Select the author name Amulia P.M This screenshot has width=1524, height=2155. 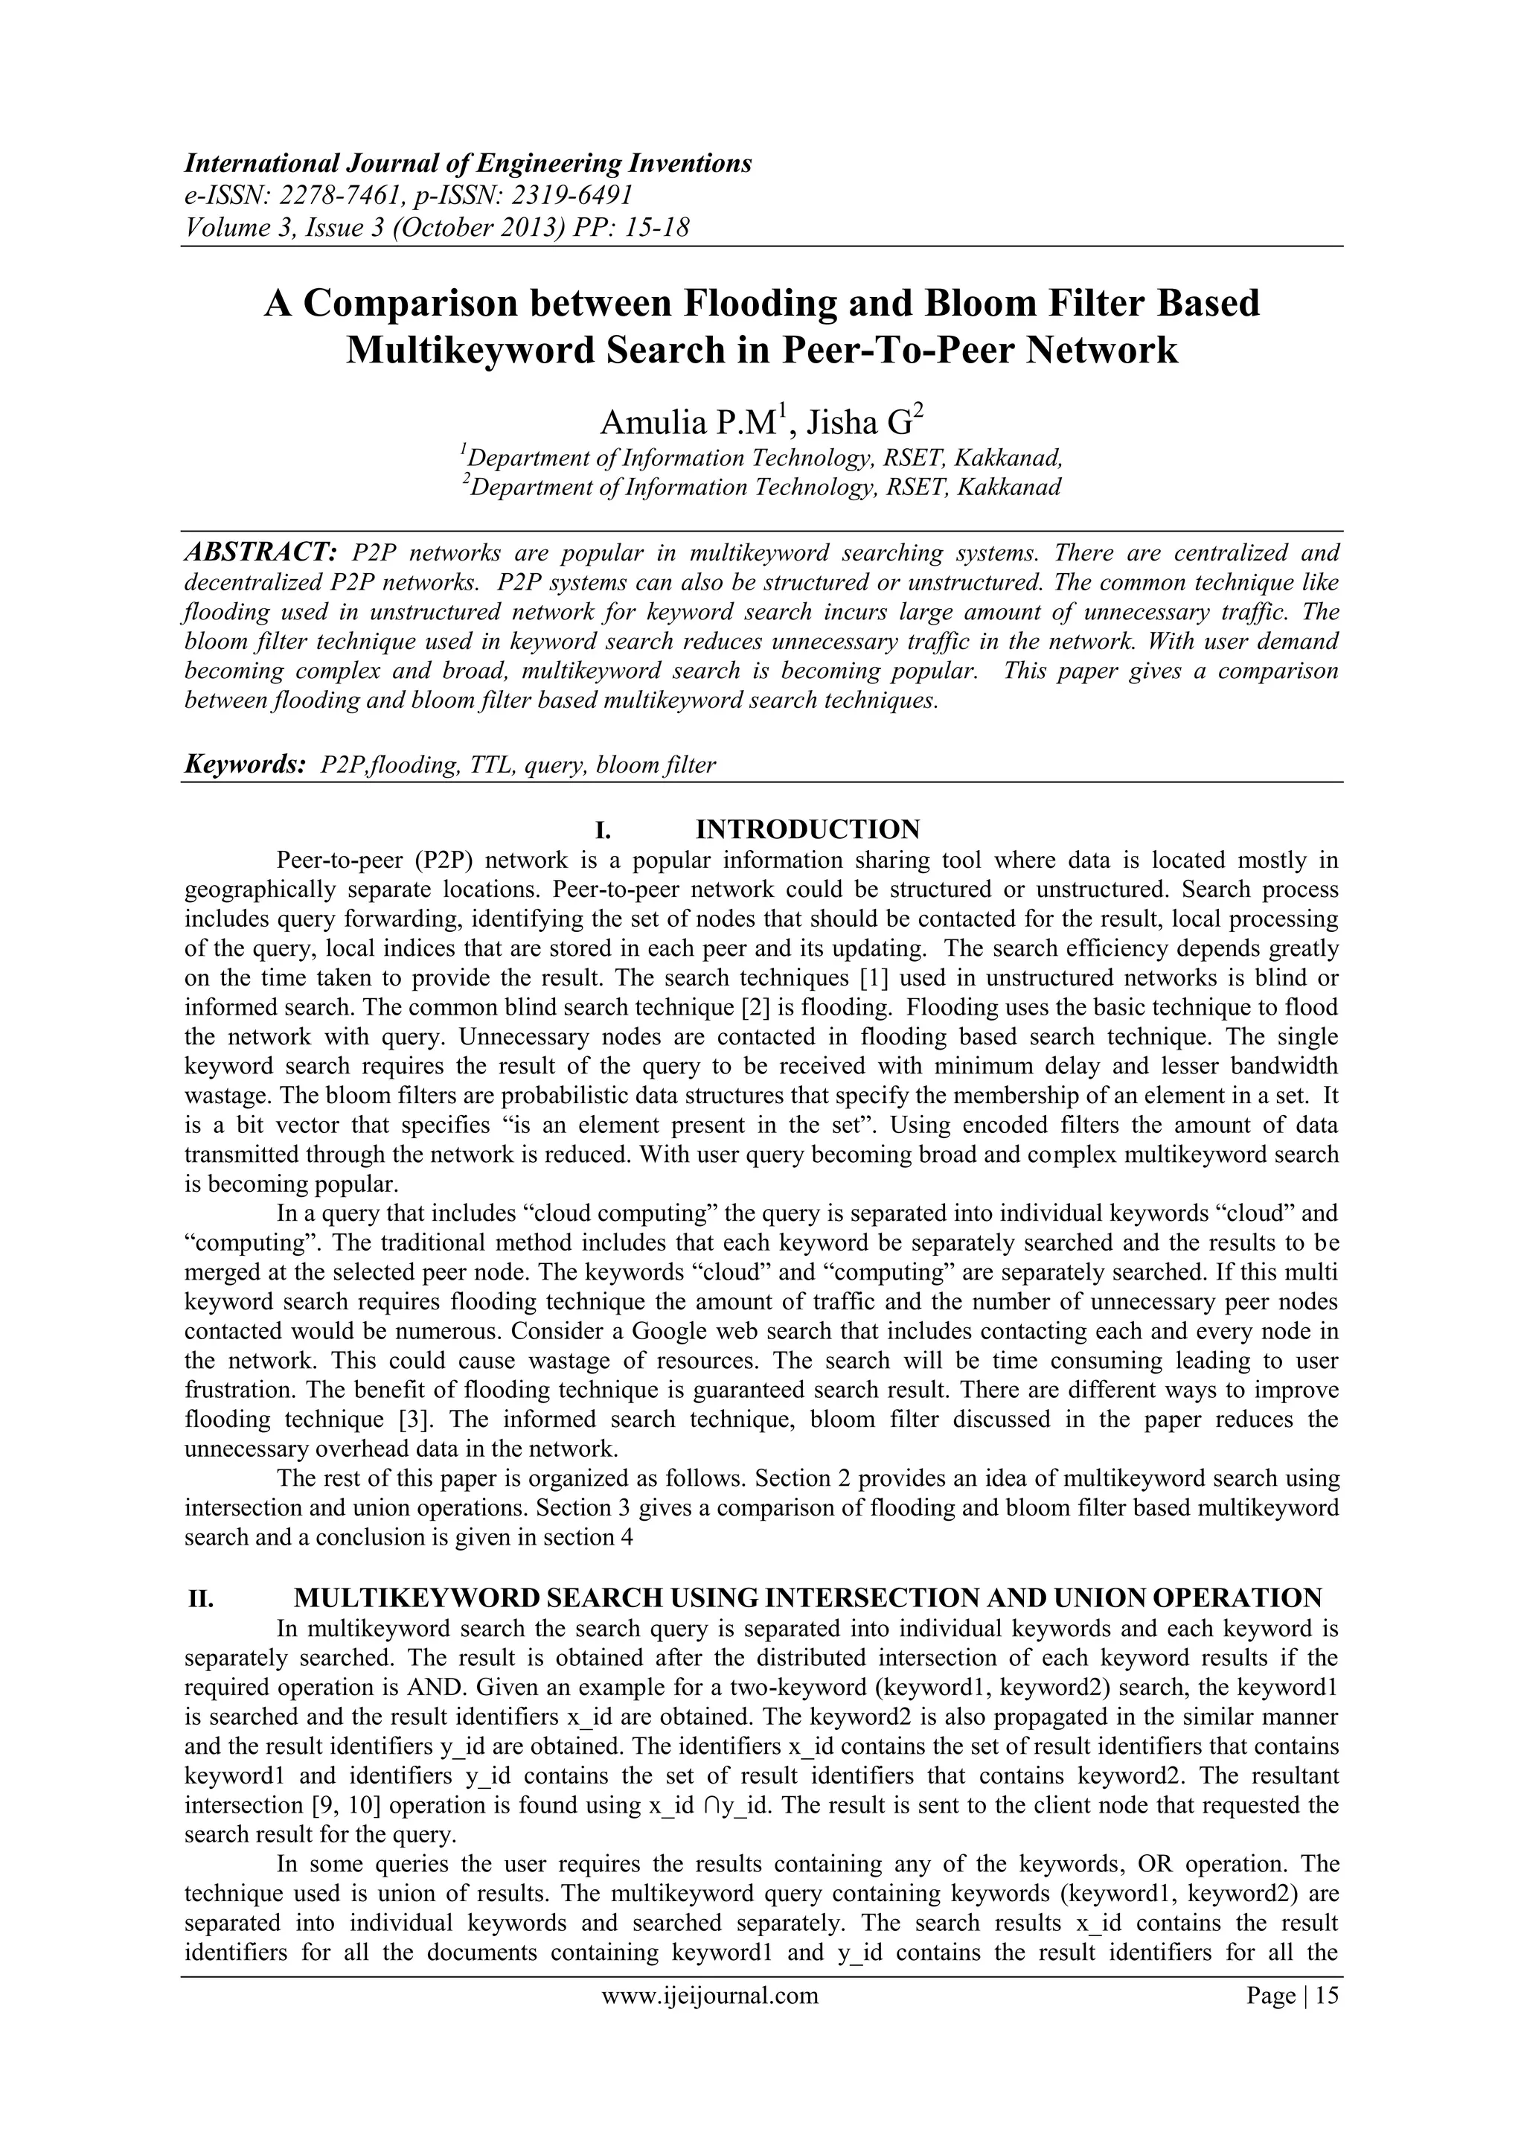coord(685,424)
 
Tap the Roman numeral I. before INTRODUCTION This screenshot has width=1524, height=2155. coord(603,830)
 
